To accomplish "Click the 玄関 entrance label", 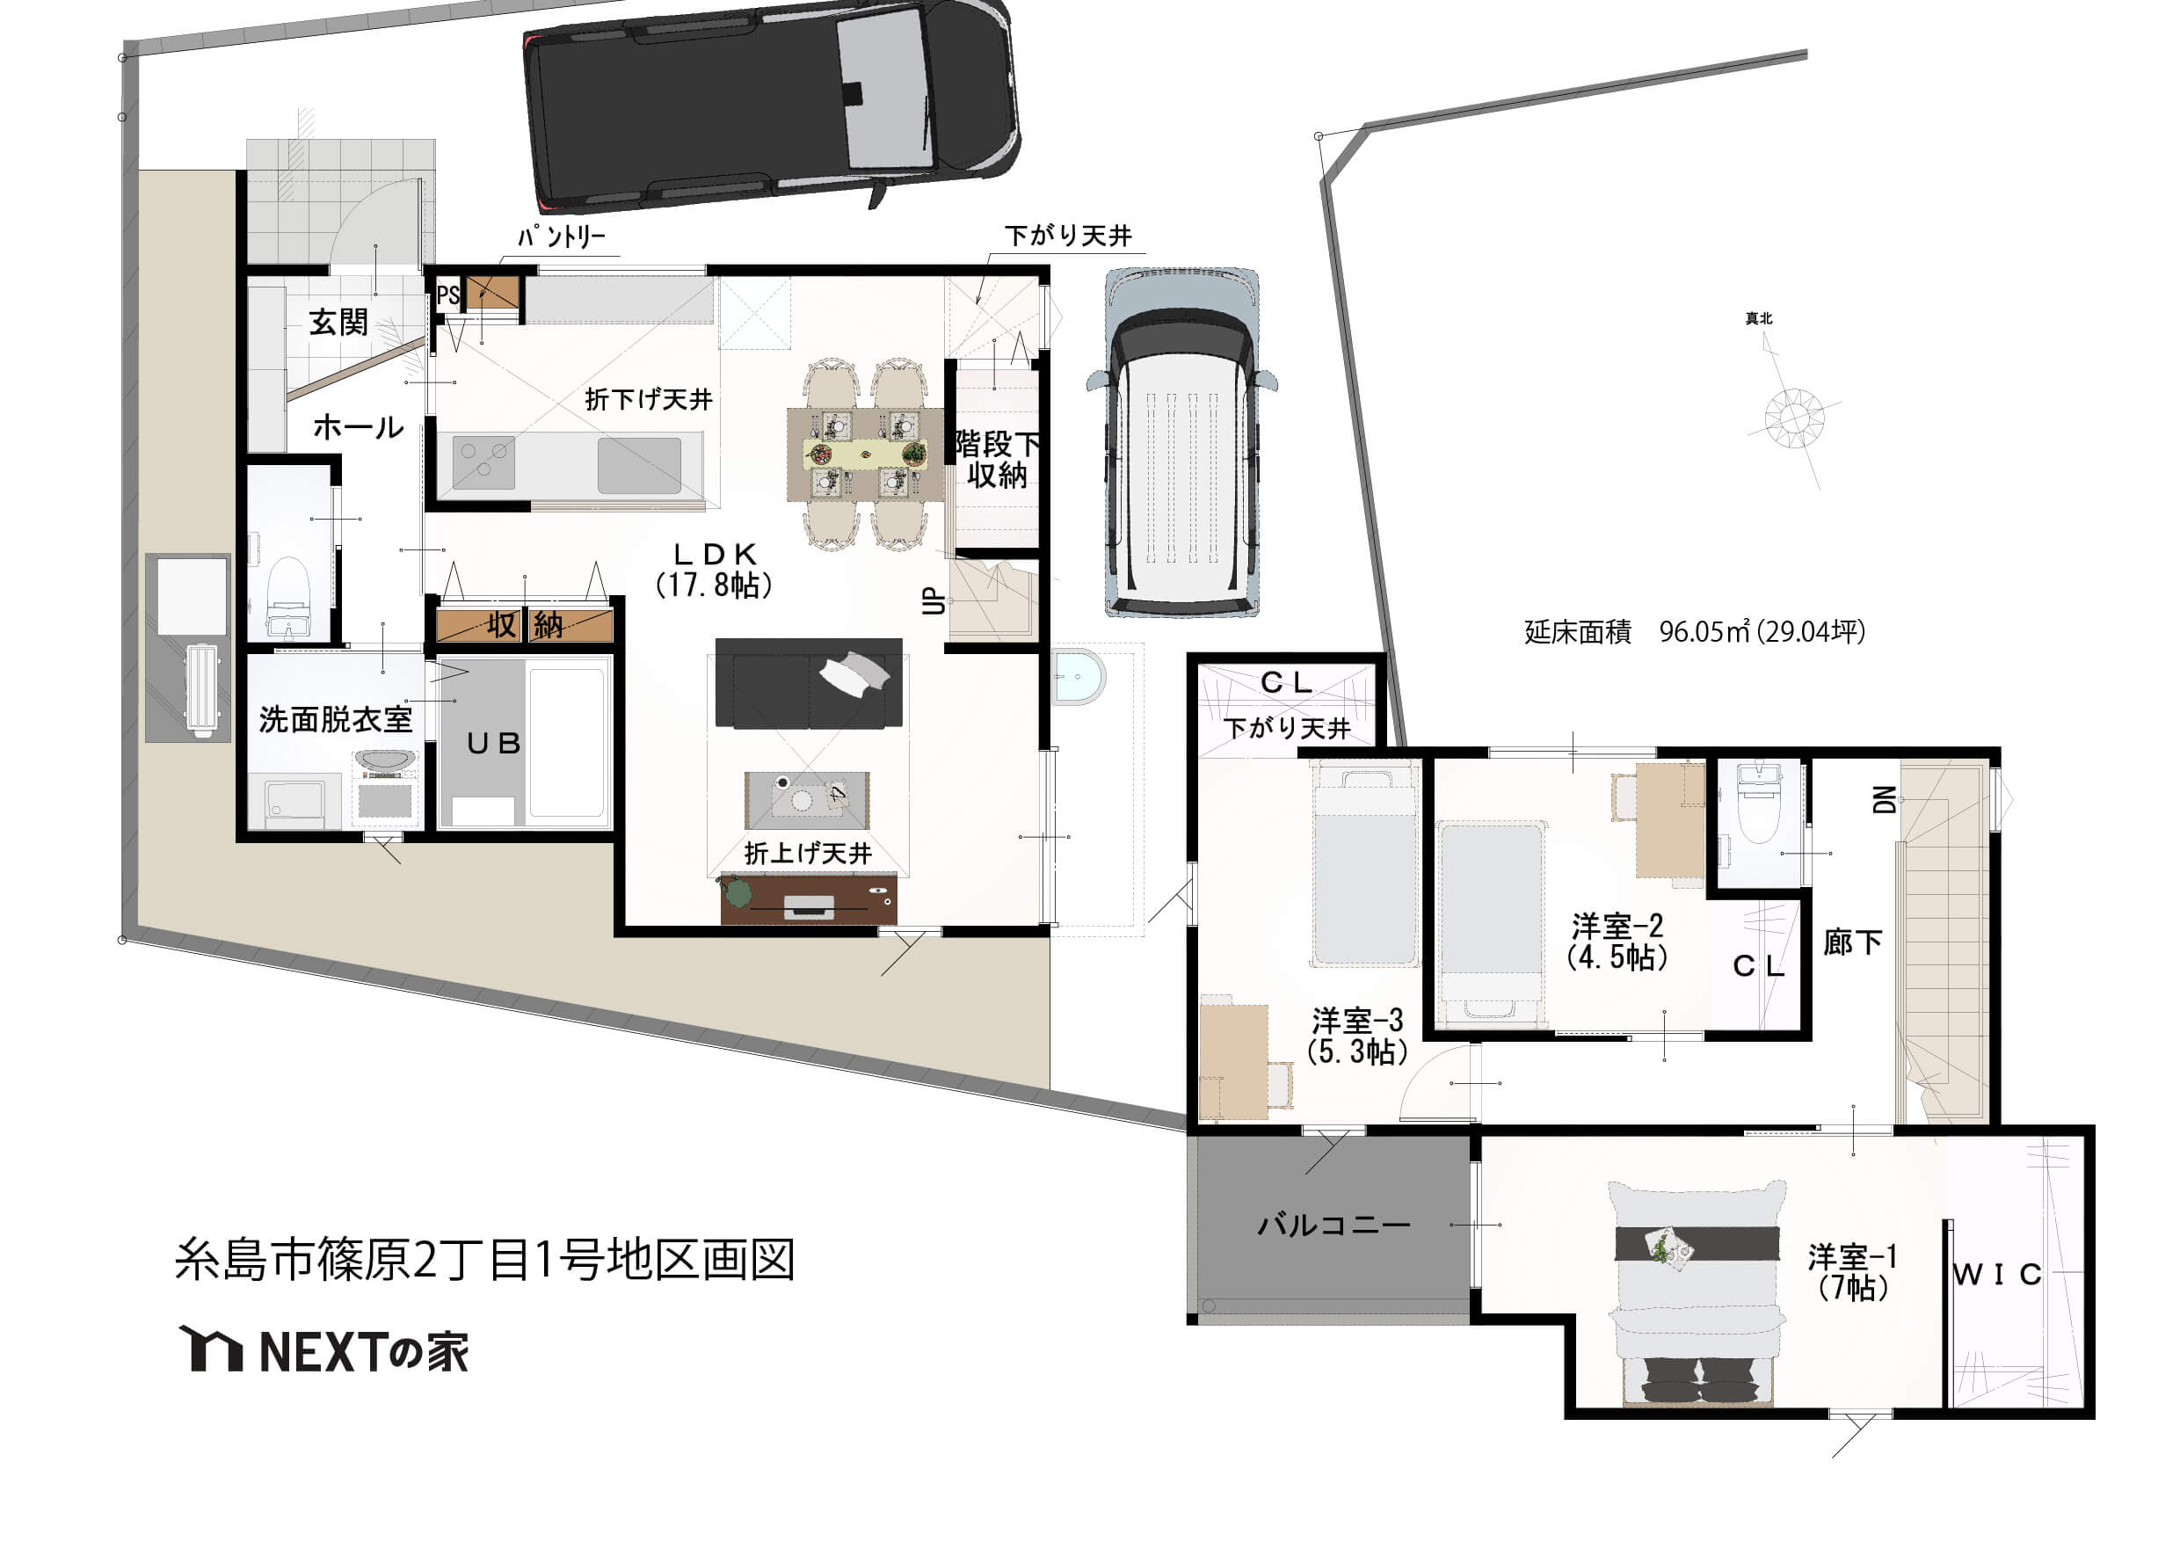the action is pos(338,322).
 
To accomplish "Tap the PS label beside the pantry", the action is pos(448,295).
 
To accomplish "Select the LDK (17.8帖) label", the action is pos(714,570).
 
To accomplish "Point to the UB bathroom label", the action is pos(494,744).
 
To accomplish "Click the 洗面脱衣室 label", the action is pos(335,720).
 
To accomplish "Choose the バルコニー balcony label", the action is pos(1334,1225).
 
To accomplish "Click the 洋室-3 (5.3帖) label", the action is pos(1357,1036).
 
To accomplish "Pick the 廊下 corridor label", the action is pos(1852,942).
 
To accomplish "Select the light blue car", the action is pos(1182,442).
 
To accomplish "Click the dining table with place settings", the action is pos(865,455).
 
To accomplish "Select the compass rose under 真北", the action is pos(1793,418).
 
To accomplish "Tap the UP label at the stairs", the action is pos(934,601).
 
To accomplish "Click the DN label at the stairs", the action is pos(1885,799).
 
